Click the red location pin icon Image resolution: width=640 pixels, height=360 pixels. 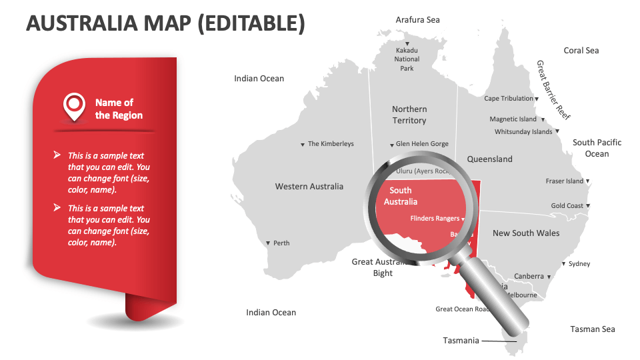(74, 105)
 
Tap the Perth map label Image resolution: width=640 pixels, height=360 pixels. (281, 243)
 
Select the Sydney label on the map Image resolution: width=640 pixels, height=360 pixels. (579, 264)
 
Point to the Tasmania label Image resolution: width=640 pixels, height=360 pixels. (461, 341)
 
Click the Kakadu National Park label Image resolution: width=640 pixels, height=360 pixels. (407, 59)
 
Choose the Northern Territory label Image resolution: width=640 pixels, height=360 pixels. (409, 115)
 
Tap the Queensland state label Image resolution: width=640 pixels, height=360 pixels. (489, 159)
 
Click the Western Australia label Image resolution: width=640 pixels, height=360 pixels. (309, 187)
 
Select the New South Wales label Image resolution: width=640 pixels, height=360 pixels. (526, 233)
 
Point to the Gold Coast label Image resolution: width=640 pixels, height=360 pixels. (567, 206)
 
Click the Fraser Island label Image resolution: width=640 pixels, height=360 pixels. (564, 181)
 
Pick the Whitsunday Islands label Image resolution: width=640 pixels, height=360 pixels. (523, 132)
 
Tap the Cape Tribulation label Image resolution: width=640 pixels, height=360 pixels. (509, 99)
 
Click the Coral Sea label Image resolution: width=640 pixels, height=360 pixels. (581, 51)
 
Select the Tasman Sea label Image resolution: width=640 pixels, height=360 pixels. (593, 329)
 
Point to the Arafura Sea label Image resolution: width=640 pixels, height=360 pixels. (418, 20)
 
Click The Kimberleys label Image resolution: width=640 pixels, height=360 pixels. (331, 144)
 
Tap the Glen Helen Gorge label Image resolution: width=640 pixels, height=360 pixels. (422, 144)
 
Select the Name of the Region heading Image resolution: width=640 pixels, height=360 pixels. (119, 109)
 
